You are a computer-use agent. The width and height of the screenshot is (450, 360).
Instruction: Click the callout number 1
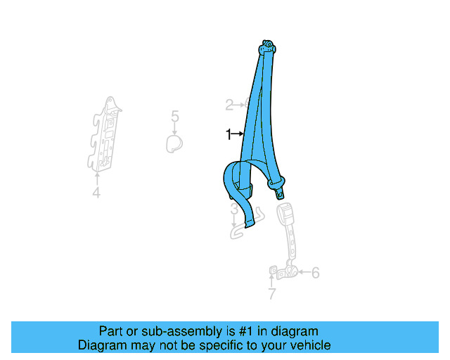pyautogui.click(x=228, y=134)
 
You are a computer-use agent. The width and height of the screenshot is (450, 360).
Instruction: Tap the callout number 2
pyautogui.click(x=229, y=105)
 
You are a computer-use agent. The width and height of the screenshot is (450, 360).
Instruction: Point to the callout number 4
pyautogui.click(x=96, y=193)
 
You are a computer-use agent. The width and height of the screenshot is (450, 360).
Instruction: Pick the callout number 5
pyautogui.click(x=175, y=117)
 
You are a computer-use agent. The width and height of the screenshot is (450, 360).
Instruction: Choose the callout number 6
pyautogui.click(x=315, y=272)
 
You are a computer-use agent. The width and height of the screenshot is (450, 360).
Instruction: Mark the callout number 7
pyautogui.click(x=271, y=294)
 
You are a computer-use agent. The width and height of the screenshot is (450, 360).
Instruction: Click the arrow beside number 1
pyautogui.click(x=238, y=134)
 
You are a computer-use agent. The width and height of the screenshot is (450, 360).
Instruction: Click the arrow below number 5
pyautogui.click(x=175, y=129)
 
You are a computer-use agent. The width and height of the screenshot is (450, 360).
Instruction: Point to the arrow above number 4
pyautogui.click(x=96, y=178)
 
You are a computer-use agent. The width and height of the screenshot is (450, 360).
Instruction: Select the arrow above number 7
pyautogui.click(x=271, y=281)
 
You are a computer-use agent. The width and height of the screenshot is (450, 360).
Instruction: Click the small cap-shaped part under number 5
pyautogui.click(x=174, y=144)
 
